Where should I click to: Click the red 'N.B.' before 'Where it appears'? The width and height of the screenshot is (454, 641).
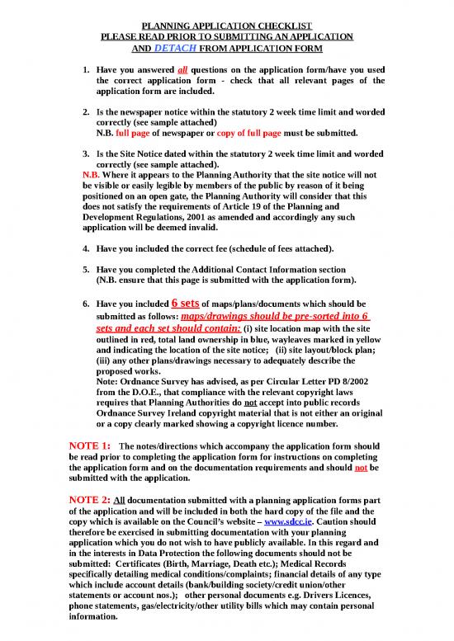[x=92, y=175]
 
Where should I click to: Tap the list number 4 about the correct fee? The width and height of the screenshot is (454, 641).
[x=87, y=248]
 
